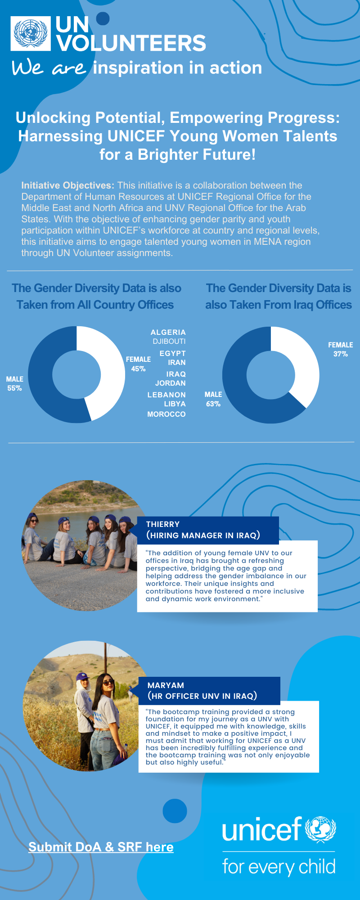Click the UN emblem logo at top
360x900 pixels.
pyautogui.click(x=31, y=33)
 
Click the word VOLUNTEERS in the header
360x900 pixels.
pyautogui.click(x=131, y=43)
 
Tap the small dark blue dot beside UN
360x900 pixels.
pyautogui.click(x=103, y=18)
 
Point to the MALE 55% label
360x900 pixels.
pyautogui.click(x=14, y=383)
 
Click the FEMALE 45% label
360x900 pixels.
pyautogui.click(x=138, y=364)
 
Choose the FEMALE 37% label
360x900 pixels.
pyautogui.click(x=340, y=349)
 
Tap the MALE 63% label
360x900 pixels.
pyautogui.click(x=213, y=399)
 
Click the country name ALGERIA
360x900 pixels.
pyautogui.click(x=168, y=332)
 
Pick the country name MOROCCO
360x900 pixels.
pyautogui.click(x=166, y=414)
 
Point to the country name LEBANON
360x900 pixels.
pyautogui.click(x=166, y=395)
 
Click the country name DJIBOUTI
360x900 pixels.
pyautogui.click(x=169, y=341)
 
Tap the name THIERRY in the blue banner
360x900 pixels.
pyautogui.click(x=163, y=524)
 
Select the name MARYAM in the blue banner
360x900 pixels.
pyautogui.click(x=166, y=685)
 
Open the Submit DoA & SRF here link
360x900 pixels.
pyautogui.click(x=101, y=847)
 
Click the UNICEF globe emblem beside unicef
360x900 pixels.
pyautogui.click(x=320, y=829)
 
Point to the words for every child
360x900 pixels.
pyautogui.click(x=279, y=867)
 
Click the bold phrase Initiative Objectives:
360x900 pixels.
pyautogui.click(x=67, y=185)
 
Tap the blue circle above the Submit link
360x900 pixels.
pyautogui.click(x=175, y=811)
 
